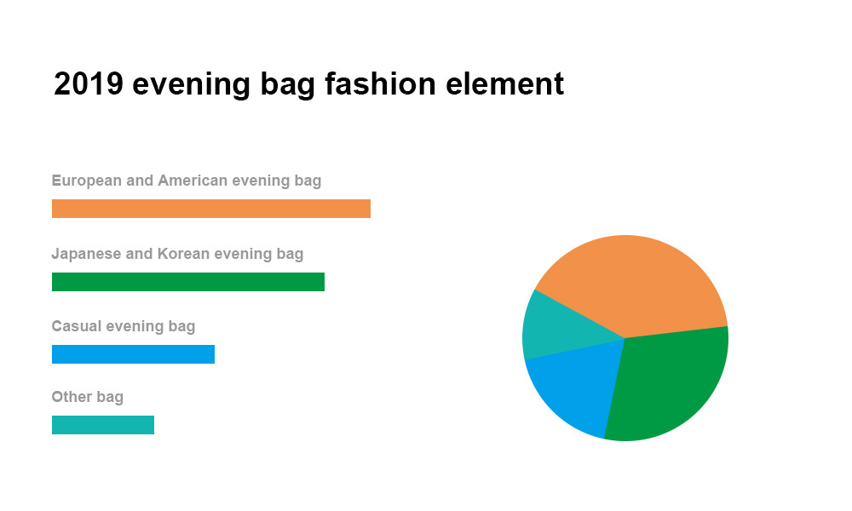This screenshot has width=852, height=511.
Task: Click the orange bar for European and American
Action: coord(210,209)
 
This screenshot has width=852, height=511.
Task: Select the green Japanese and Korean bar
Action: coord(188,282)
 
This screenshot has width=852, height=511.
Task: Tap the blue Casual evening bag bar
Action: coord(133,354)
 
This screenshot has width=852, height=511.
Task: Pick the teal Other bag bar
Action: coord(103,425)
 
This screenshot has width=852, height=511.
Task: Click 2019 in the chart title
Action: coord(89,84)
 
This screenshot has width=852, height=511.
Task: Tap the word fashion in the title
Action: coord(380,84)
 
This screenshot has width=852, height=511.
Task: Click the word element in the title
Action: coord(504,84)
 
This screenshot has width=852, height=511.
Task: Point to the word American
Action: coord(193,181)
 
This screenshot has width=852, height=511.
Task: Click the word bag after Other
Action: coord(110,398)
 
